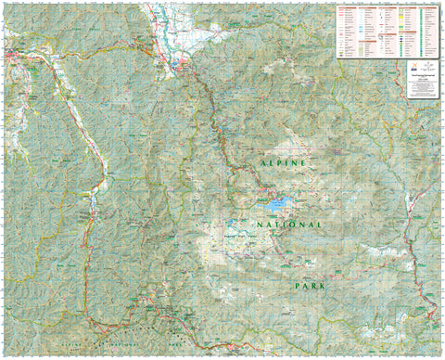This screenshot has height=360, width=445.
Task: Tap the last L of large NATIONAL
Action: [x=320, y=225]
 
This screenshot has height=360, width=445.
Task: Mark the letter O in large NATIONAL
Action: [x=294, y=225]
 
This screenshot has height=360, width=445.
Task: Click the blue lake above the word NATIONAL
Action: [x=276, y=199]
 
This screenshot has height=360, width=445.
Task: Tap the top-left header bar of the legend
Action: [x=349, y=7]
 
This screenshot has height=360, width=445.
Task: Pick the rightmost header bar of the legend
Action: [x=431, y=7]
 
